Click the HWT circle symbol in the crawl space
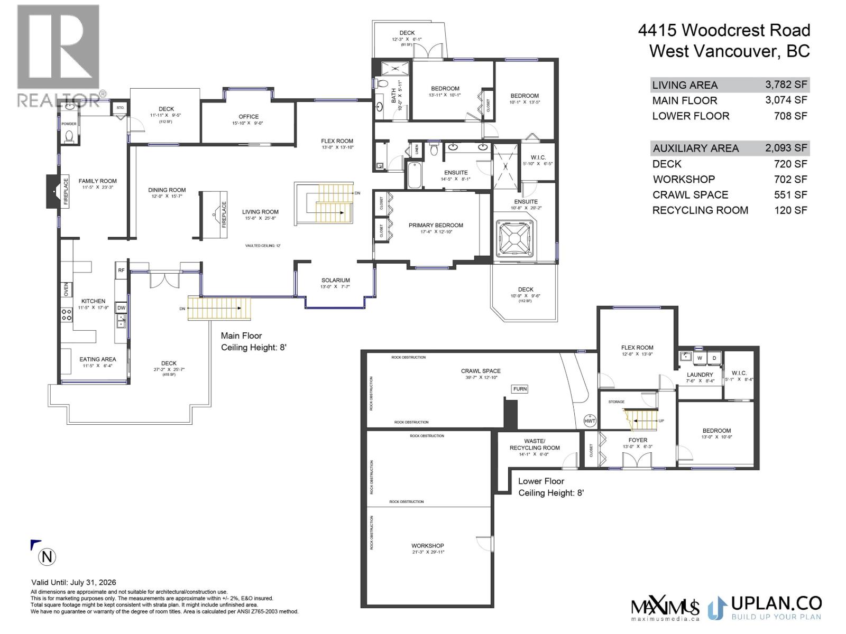[590, 421]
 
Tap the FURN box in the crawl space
[520, 389]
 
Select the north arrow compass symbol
[47, 556]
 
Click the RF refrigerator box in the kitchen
[121, 270]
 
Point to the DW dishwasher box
[121, 308]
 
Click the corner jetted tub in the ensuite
[515, 238]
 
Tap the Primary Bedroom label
[436, 225]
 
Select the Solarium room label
[335, 281]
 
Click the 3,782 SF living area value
[786, 85]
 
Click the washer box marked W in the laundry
[699, 358]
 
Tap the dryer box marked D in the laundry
[714, 358]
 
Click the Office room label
[249, 117]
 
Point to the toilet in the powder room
[68, 137]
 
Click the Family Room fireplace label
[66, 191]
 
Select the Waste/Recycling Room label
[535, 444]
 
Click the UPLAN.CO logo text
[776, 603]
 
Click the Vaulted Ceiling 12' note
[262, 246]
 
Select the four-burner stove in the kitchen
[67, 315]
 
